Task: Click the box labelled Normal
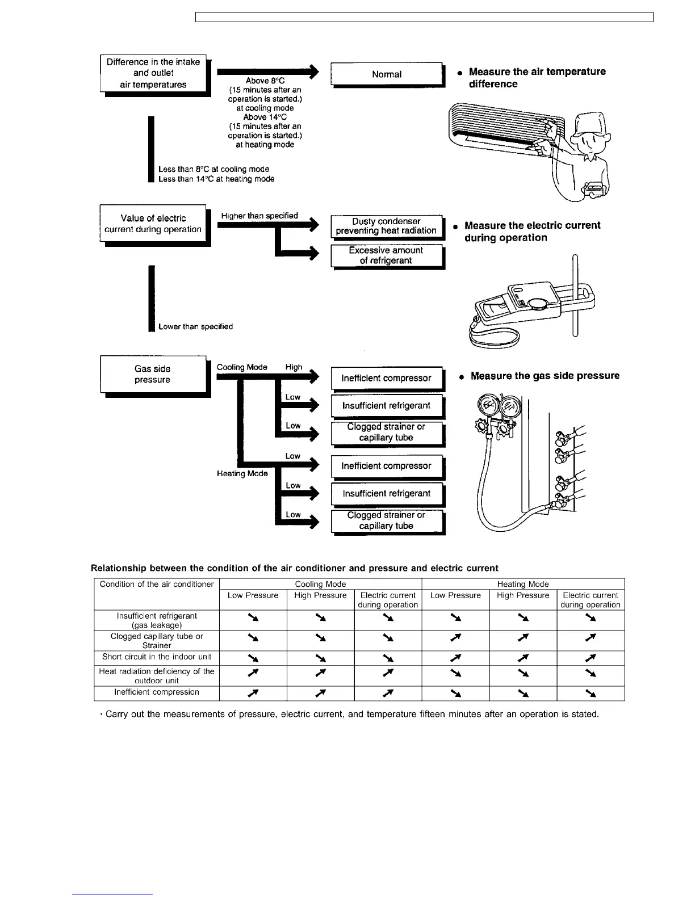pyautogui.click(x=386, y=74)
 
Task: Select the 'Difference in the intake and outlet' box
pyautogui.click(x=153, y=73)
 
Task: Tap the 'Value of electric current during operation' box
pyautogui.click(x=153, y=224)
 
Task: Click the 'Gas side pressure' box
pyautogui.click(x=153, y=374)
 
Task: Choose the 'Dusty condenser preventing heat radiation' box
pyautogui.click(x=386, y=226)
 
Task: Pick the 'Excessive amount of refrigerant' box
pyautogui.click(x=386, y=255)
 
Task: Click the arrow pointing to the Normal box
pyautogui.click(x=267, y=72)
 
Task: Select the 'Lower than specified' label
pyautogui.click(x=195, y=327)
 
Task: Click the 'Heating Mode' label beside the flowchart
pyautogui.click(x=242, y=473)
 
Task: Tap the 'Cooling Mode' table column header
pyautogui.click(x=320, y=584)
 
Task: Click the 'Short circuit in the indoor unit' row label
pyautogui.click(x=156, y=657)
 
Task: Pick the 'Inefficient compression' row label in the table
pyautogui.click(x=156, y=692)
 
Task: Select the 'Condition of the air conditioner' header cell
pyautogui.click(x=156, y=584)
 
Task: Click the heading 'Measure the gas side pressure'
pyautogui.click(x=545, y=376)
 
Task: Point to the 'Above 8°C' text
pyautogui.click(x=265, y=81)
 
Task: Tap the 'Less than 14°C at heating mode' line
pyautogui.click(x=216, y=179)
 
